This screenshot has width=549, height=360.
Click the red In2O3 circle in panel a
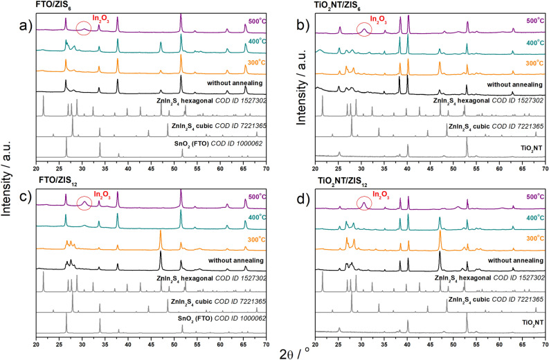[83, 28]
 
